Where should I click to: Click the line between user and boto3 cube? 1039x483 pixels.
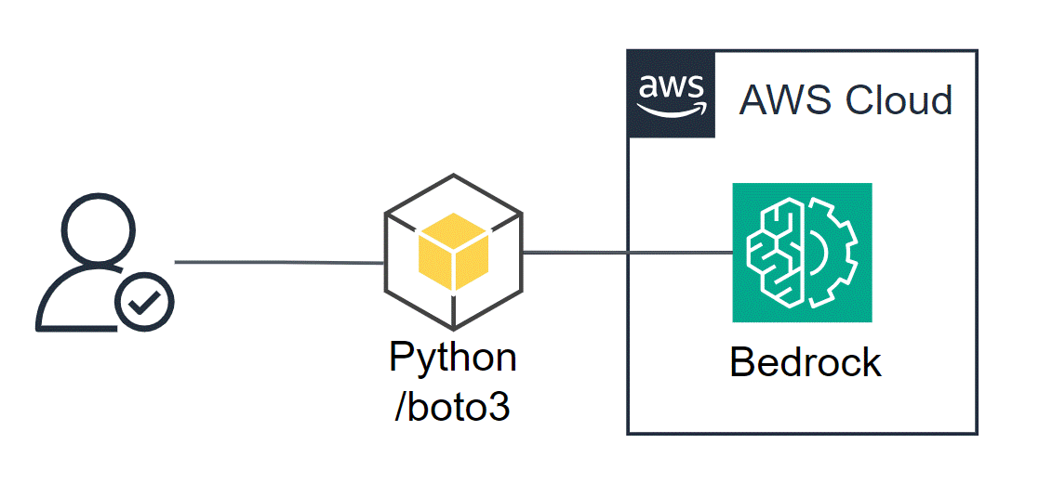279,263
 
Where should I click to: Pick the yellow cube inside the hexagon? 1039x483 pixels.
453,248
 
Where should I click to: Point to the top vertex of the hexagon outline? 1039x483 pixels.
453,174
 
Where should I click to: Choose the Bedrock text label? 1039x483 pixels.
806,362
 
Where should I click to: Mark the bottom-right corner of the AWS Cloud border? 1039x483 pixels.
977,433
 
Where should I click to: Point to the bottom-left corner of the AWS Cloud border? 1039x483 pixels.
629,433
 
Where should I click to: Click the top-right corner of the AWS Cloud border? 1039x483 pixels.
977,51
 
